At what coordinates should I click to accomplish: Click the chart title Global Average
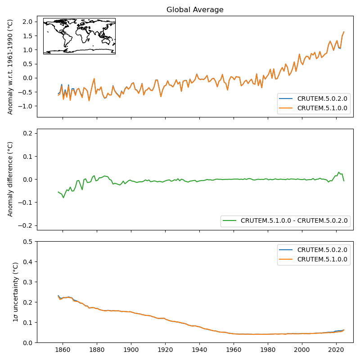click(195, 10)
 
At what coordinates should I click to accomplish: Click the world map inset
click(79, 36)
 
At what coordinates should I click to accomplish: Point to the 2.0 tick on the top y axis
click(27, 22)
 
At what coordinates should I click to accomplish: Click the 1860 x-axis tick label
click(63, 349)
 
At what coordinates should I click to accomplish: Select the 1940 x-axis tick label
click(199, 349)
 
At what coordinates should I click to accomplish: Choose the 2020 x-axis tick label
click(336, 349)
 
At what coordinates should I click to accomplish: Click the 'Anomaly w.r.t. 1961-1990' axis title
click(10, 66)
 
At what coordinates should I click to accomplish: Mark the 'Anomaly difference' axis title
click(10, 179)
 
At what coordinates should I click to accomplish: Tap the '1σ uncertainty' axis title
click(15, 292)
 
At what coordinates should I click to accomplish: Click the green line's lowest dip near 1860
click(63, 198)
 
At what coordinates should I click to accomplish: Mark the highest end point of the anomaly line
click(344, 32)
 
